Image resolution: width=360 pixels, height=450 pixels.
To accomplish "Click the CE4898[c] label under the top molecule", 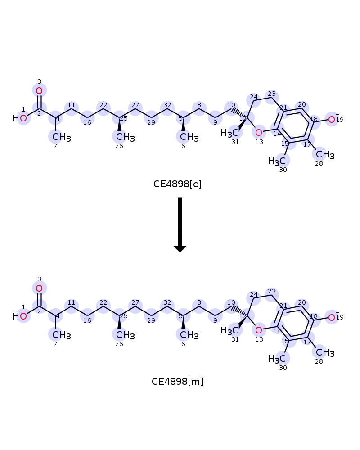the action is [x=177, y=184].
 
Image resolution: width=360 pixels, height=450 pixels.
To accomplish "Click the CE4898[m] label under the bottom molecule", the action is [x=177, y=382].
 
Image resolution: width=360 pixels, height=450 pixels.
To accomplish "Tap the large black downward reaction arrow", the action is [x=180, y=225].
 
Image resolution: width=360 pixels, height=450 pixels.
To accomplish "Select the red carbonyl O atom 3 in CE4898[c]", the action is [x=39, y=91].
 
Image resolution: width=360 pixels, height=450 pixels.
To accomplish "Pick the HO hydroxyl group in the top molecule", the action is [x=20, y=118].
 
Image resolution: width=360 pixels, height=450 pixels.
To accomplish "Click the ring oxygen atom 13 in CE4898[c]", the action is [x=259, y=133].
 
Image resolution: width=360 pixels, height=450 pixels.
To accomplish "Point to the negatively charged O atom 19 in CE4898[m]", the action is [x=332, y=317].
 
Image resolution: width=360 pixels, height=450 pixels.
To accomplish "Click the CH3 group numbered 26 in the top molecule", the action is [x=126, y=137].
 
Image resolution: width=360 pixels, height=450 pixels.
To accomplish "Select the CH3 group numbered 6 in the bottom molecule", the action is [x=189, y=335].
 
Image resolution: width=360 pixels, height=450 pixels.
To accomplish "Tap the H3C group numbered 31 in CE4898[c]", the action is [x=229, y=133].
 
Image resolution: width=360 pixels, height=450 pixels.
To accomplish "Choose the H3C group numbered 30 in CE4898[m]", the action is [x=277, y=359].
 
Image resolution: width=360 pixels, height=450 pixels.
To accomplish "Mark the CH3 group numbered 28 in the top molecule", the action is [x=325, y=155].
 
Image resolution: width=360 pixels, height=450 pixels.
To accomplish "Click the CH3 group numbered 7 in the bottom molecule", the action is [x=62, y=335].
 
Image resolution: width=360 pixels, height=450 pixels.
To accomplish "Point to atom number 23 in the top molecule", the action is [x=272, y=97].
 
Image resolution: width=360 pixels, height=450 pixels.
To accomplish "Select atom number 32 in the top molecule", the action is [x=167, y=108].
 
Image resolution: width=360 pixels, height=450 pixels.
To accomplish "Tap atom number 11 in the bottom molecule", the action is [x=72, y=306].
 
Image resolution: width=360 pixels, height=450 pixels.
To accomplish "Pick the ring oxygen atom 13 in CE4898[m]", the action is [x=259, y=330].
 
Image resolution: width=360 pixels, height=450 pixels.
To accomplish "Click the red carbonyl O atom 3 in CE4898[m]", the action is [x=39, y=288].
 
